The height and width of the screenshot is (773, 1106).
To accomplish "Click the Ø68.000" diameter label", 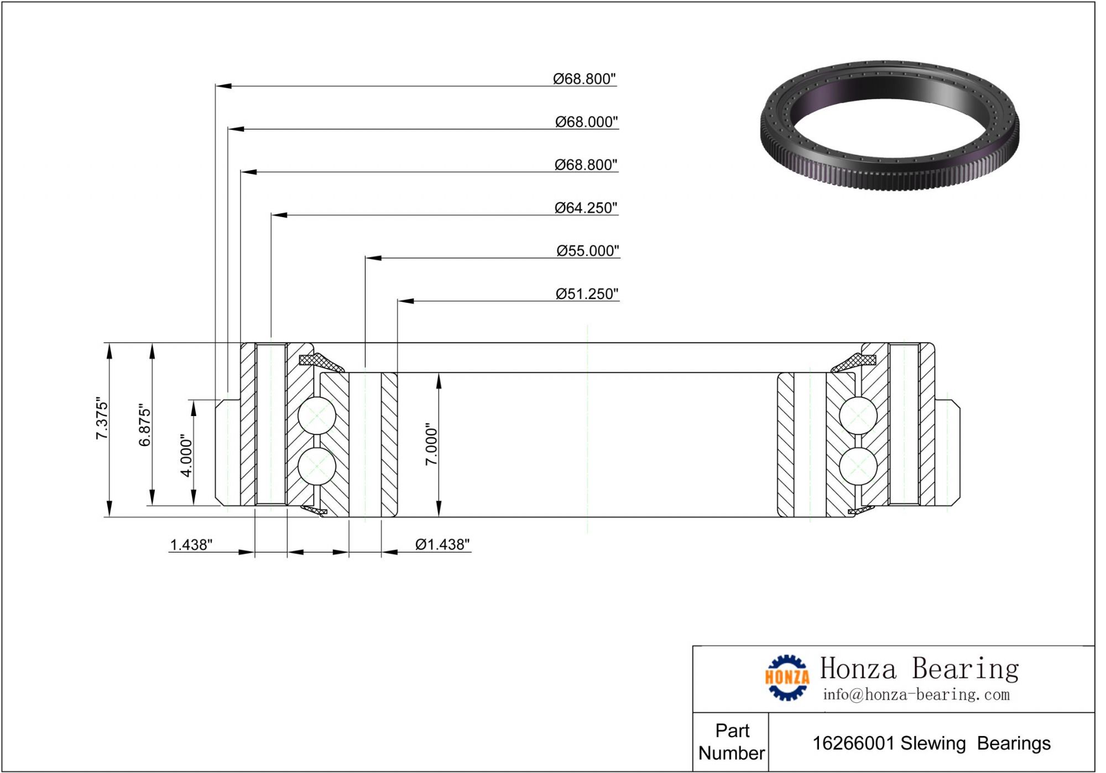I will click(586, 122).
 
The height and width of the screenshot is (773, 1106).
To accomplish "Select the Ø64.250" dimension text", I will click(586, 208).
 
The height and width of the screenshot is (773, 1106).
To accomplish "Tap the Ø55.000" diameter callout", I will click(587, 251).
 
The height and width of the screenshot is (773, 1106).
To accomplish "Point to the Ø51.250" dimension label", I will click(587, 294).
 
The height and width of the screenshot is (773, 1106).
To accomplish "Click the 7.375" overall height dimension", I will click(102, 418).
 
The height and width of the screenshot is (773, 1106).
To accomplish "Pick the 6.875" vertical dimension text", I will click(145, 425).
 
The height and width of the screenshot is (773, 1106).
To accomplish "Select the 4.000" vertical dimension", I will click(187, 455).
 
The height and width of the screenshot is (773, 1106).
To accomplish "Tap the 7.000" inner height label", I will click(431, 445).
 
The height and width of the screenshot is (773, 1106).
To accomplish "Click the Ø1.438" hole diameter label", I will click(442, 545).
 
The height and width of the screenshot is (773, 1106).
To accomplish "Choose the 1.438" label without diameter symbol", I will click(191, 545).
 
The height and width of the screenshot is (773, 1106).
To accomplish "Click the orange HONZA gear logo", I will click(787, 677).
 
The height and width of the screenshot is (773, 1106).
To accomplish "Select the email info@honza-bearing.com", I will click(916, 695).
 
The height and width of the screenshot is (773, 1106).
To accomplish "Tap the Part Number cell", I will click(732, 742).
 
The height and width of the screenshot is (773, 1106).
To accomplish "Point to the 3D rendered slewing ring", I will click(890, 125).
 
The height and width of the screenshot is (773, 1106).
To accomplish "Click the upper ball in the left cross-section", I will click(317, 416).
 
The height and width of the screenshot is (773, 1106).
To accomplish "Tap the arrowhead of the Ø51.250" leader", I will click(405, 301).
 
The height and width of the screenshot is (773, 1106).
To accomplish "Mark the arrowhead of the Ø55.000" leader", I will click(373, 258).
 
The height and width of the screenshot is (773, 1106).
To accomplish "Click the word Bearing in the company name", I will click(965, 669).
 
